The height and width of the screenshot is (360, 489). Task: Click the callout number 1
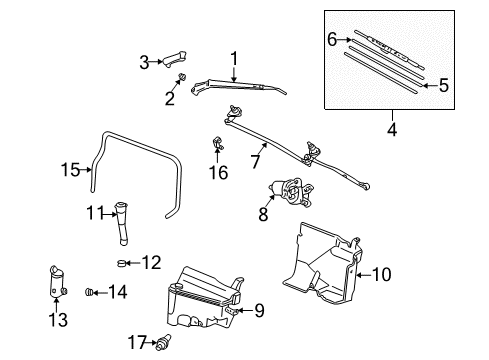pos(234,58)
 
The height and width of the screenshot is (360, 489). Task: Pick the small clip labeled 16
pos(215,144)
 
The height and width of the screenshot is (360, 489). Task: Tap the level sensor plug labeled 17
pos(156,342)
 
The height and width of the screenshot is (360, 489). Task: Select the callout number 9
pos(259,310)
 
